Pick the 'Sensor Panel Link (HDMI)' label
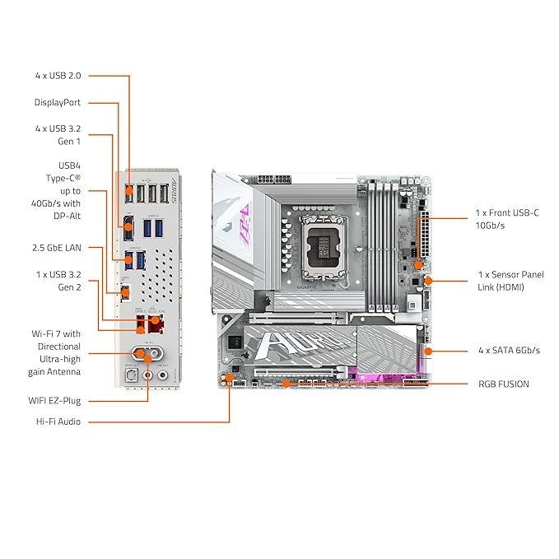click(x=510, y=280)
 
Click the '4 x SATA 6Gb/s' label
click(x=509, y=350)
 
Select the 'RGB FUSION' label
click(x=503, y=384)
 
